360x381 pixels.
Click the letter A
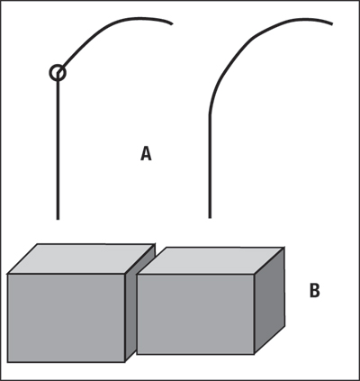point(146,154)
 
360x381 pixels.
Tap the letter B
point(314,290)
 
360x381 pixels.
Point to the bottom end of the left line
point(58,219)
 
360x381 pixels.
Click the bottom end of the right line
point(210,217)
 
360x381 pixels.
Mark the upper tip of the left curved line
point(172,23)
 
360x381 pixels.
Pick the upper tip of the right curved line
point(332,23)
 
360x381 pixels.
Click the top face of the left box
point(81,259)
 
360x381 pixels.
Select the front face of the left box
point(66,318)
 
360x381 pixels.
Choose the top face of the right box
point(211,260)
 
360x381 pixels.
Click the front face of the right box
point(195,314)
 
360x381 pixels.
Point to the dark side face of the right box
point(269,301)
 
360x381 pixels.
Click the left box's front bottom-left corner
point(8,362)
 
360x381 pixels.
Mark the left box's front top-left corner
point(8,274)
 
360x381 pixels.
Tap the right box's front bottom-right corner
point(255,354)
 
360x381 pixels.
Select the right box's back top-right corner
point(283,248)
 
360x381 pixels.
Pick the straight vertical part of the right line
point(210,167)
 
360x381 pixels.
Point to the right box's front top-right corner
point(255,275)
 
